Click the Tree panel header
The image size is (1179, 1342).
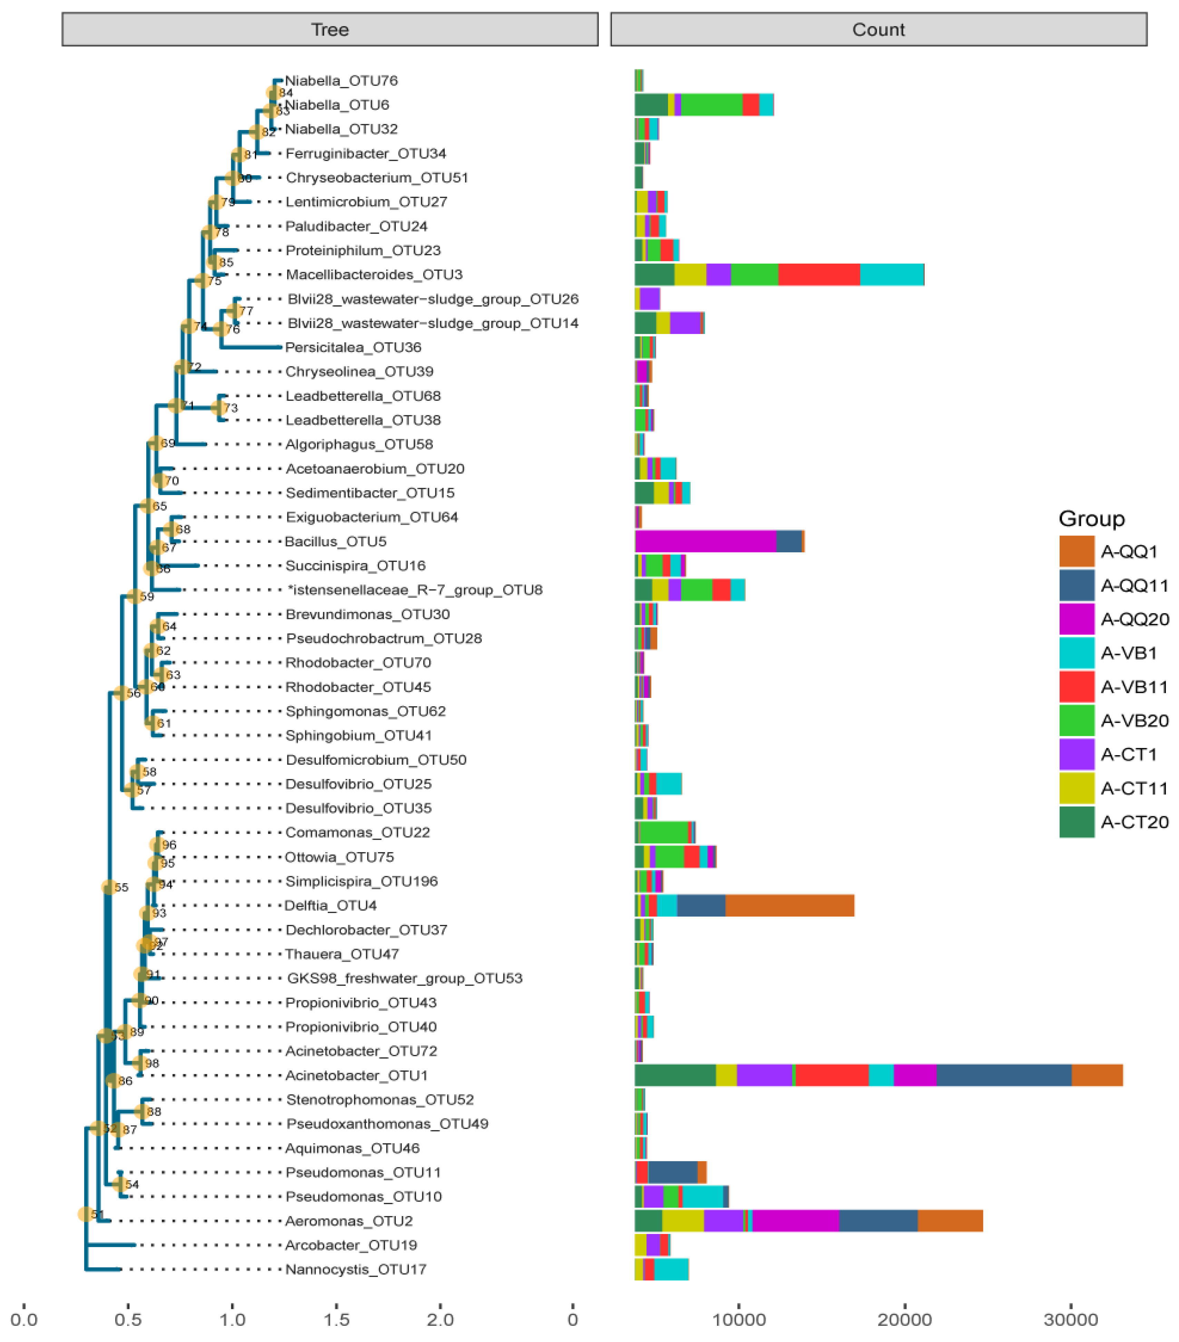click(330, 30)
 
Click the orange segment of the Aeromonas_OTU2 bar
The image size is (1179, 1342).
click(950, 1221)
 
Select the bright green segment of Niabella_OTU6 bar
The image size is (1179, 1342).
click(711, 105)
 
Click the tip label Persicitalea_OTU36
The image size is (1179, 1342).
click(353, 347)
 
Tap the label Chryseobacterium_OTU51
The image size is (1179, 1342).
click(376, 178)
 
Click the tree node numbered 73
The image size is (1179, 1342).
click(219, 408)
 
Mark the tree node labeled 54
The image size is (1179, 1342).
click(119, 1184)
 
